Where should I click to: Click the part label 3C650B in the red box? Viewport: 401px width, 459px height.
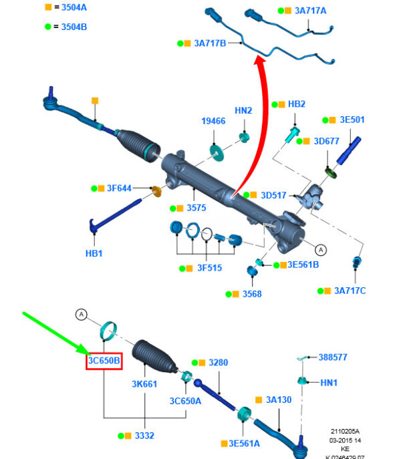point(104,361)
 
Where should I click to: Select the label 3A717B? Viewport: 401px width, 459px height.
point(210,43)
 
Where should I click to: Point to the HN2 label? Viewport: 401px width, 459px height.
point(243,110)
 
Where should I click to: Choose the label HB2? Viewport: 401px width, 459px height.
point(297,104)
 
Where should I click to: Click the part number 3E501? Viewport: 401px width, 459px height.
point(352,120)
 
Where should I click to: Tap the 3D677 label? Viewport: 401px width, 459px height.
point(327,141)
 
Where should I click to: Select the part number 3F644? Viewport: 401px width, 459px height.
point(119,188)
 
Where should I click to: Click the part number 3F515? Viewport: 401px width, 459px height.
point(209,268)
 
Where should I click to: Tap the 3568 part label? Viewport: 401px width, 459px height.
point(252,293)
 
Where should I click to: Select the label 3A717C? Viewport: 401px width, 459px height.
point(350,291)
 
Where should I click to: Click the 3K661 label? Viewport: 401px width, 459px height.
point(144,384)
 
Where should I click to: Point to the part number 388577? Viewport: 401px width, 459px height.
point(333,357)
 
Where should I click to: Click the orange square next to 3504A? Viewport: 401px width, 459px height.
point(48,7)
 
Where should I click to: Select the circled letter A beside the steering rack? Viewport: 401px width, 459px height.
point(321,250)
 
